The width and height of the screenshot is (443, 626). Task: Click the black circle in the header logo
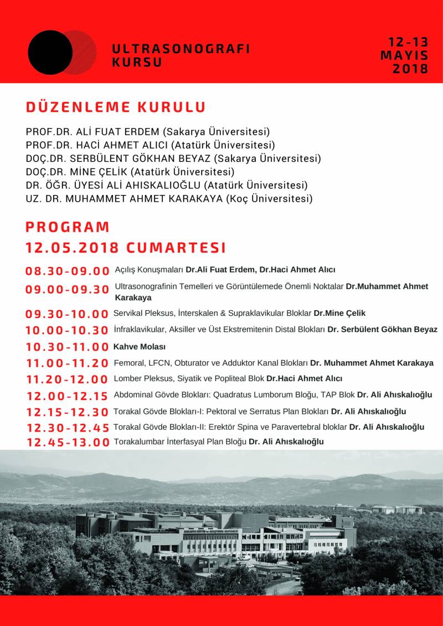50,53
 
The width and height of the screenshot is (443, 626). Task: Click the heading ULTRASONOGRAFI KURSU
181,55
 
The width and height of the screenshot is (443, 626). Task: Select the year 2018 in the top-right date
410,69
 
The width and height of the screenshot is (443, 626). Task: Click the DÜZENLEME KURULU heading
116,107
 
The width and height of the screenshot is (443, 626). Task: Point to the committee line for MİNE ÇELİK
130,172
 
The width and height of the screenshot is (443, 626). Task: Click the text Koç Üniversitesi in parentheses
268,198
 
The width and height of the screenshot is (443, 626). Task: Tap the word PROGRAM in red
68,227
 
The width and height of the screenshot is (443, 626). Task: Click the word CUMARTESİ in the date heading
176,247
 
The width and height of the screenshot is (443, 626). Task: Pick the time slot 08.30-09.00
67,271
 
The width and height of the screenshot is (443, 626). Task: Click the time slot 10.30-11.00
67,347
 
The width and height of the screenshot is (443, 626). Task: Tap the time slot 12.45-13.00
68,442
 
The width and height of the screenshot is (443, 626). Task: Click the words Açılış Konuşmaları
149,270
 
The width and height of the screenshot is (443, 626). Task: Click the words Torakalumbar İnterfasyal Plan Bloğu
180,442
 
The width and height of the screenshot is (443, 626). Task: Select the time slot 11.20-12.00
67,379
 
